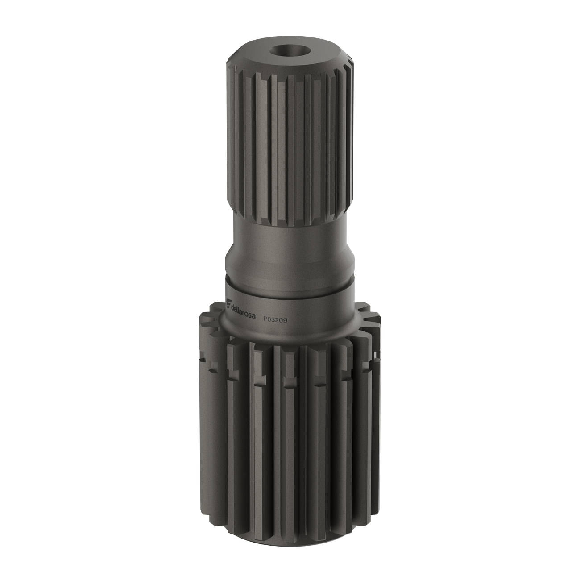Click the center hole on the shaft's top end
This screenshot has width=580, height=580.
click(289, 50)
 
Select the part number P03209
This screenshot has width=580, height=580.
click(275, 320)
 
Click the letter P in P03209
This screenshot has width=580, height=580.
click(265, 319)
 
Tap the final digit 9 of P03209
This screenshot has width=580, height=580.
click(286, 320)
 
